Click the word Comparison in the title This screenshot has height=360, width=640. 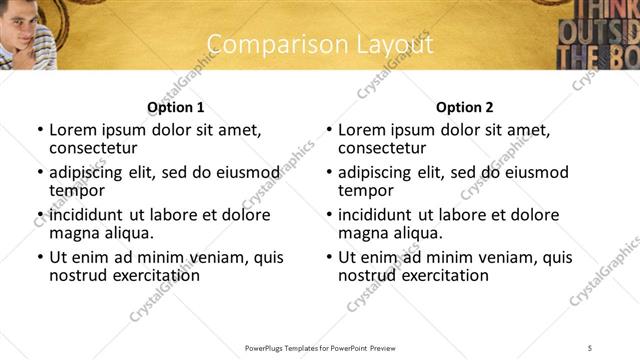(261, 45)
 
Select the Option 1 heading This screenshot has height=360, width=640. (175, 107)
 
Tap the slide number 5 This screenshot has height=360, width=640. (590, 347)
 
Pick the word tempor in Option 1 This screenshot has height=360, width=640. (75, 191)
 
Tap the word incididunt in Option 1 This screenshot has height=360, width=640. (87, 215)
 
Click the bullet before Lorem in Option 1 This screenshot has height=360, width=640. (40, 131)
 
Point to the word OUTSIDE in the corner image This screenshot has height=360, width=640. (610, 31)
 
